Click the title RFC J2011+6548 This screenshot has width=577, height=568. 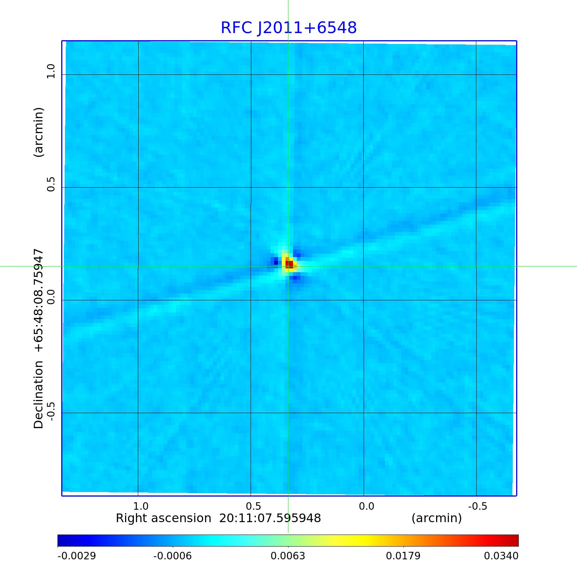click(x=288, y=28)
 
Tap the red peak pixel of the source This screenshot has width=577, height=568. click(x=289, y=264)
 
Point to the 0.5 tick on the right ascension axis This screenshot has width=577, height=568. click(x=254, y=506)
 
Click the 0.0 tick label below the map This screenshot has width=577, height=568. click(x=366, y=506)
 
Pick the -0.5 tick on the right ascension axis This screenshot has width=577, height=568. click(x=477, y=506)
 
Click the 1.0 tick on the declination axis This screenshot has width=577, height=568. click(x=50, y=71)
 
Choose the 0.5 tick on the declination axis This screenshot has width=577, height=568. click(x=50, y=184)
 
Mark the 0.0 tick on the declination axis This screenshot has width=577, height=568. click(x=50, y=297)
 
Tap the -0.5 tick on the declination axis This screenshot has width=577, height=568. click(x=50, y=409)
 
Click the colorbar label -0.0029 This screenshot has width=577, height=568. click(x=77, y=556)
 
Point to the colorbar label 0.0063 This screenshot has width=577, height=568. click(x=288, y=556)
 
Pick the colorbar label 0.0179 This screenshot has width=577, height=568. click(x=403, y=556)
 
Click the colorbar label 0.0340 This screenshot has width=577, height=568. click(x=501, y=556)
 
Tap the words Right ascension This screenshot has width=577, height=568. click(x=163, y=518)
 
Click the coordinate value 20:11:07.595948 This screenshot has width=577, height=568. click(x=270, y=518)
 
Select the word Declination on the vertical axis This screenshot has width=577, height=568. click(x=39, y=395)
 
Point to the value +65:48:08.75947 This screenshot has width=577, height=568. click(x=39, y=301)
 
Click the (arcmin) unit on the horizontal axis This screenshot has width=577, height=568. click(x=437, y=518)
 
